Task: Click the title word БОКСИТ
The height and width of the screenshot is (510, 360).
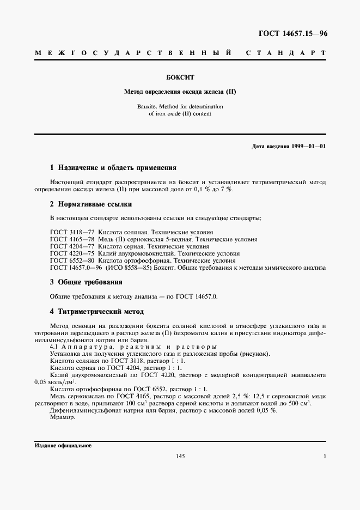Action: [180, 78]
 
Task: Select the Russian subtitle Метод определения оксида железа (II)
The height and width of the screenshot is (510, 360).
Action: [180, 92]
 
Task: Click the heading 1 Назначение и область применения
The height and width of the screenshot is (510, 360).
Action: [113, 168]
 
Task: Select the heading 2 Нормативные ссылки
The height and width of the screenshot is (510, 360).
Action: [91, 204]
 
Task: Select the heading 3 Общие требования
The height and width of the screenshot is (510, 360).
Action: [86, 282]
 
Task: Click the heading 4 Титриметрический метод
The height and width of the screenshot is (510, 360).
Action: [97, 311]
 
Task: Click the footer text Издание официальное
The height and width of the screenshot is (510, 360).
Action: [63, 445]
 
